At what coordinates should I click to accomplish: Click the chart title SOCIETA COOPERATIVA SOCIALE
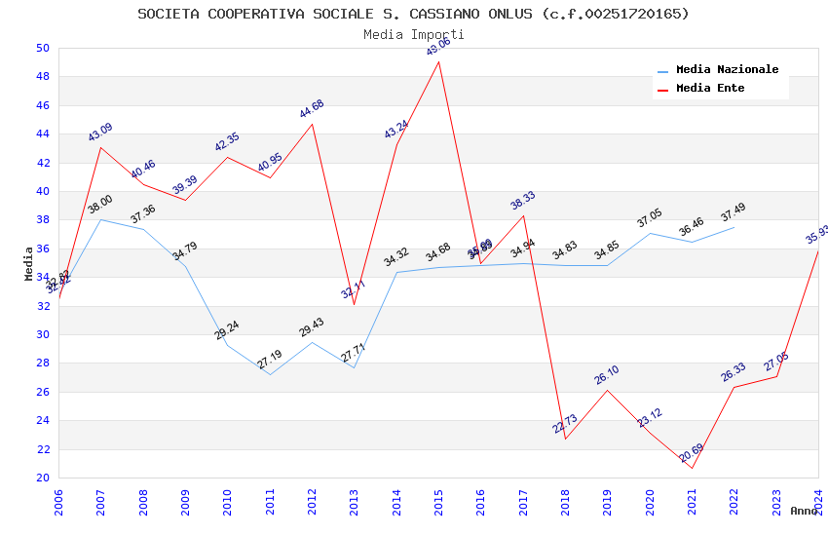413,14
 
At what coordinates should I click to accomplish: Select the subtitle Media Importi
413,34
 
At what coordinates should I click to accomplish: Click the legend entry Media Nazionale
727,70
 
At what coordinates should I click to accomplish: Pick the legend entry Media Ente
710,88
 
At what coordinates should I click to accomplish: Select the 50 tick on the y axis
42,48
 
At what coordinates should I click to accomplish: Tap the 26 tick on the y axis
42,392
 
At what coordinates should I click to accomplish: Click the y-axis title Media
29,263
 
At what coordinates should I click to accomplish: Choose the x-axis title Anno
804,511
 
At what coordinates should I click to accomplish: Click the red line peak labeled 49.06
439,62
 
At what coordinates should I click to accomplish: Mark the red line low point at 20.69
693,468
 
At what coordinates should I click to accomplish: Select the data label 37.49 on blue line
734,212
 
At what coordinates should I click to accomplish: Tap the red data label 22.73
565,424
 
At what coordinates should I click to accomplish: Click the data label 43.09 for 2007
100,133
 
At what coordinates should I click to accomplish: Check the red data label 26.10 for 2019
607,375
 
